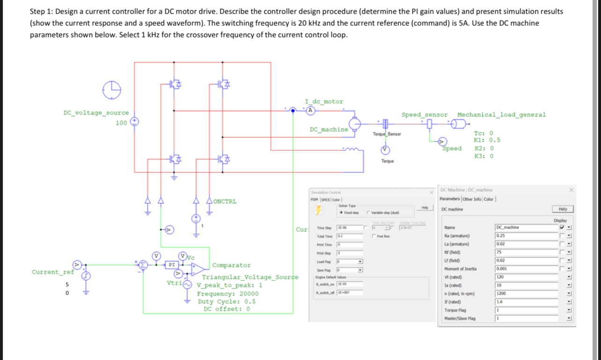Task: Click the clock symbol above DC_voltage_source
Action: (x=112, y=90)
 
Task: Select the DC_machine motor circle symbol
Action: (x=356, y=124)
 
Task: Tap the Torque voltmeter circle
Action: (x=384, y=150)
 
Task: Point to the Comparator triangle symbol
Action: (x=199, y=268)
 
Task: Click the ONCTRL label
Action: (x=225, y=202)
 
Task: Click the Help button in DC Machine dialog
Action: (x=563, y=209)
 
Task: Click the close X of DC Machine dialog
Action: (x=571, y=190)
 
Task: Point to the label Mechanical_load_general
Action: (x=501, y=115)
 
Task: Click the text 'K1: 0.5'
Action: (x=487, y=140)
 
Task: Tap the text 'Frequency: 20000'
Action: (x=227, y=294)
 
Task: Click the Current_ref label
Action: (x=52, y=272)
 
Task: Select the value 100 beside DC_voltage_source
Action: (x=122, y=123)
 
